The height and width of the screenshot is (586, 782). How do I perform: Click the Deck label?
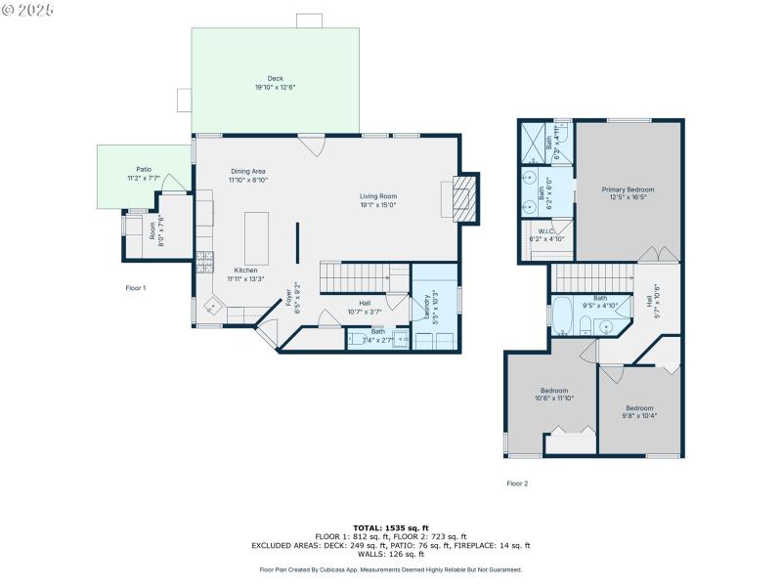275,79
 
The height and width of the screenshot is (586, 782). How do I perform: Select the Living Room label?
377,196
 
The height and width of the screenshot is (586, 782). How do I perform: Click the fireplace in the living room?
462,198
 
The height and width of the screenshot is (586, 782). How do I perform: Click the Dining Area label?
248,172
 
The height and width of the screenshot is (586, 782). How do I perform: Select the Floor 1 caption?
135,288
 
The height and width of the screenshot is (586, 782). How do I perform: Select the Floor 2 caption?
517,483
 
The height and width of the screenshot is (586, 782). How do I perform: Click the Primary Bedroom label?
628,189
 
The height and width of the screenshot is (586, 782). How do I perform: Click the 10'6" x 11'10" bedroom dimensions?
553,398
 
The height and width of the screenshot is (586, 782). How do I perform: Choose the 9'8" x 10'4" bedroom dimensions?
640,415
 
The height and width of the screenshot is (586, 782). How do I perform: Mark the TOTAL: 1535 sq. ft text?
390,527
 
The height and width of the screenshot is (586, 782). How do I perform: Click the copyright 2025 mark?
28,9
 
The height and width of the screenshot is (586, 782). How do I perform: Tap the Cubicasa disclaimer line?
390,569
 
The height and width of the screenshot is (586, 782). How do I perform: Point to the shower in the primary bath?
535,141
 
